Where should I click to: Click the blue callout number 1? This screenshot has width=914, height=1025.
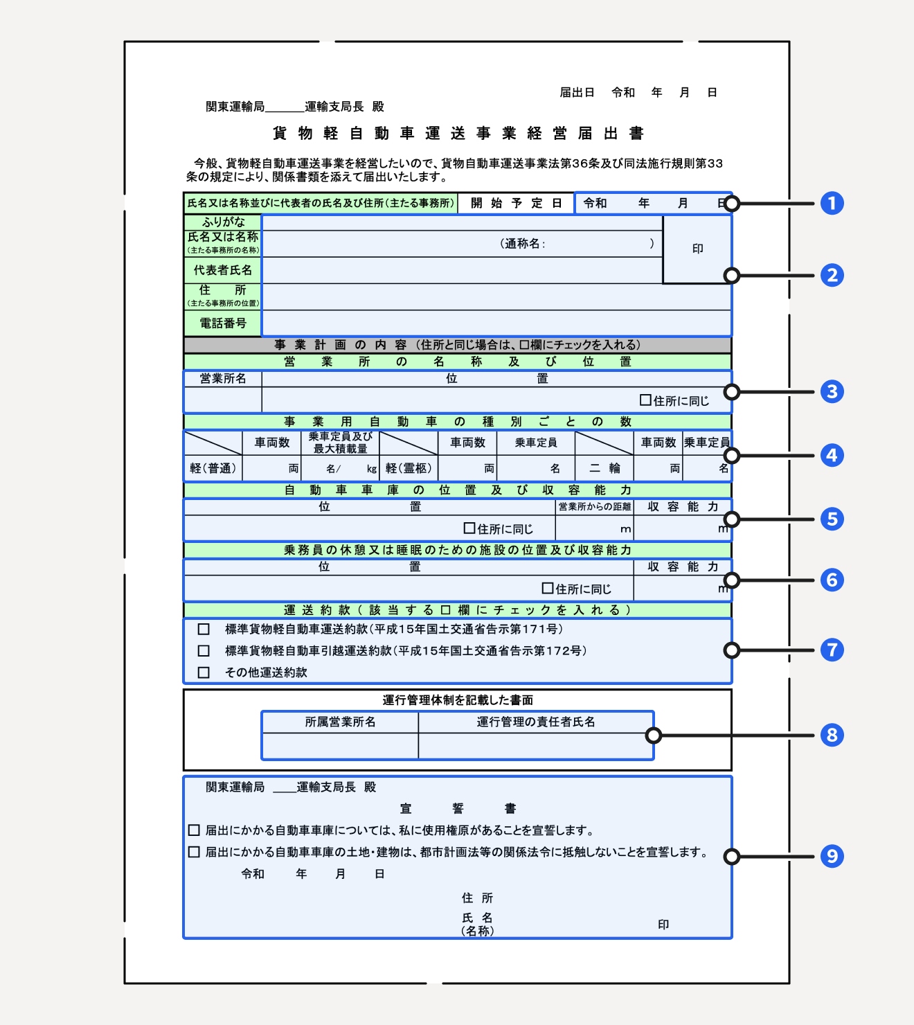pyautogui.click(x=832, y=204)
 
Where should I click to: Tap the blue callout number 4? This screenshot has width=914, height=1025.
pyautogui.click(x=832, y=456)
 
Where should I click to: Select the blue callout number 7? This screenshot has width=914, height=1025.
pyautogui.click(x=832, y=650)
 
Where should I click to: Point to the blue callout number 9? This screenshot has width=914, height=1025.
pyautogui.click(x=832, y=857)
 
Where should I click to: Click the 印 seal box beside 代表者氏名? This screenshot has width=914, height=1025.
pyautogui.click(x=697, y=249)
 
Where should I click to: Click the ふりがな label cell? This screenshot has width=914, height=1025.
pyautogui.click(x=223, y=222)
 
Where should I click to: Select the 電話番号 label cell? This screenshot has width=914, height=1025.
pyautogui.click(x=223, y=323)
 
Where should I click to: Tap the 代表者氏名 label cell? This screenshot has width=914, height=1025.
pyautogui.click(x=223, y=270)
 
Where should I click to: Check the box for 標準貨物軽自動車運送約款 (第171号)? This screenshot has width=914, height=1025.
pyautogui.click(x=204, y=630)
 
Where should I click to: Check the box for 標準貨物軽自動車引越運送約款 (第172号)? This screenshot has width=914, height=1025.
pyautogui.click(x=204, y=651)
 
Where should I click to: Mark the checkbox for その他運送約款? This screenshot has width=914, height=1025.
pyautogui.click(x=204, y=672)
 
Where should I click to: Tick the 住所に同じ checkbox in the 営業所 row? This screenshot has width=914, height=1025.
pyautogui.click(x=645, y=400)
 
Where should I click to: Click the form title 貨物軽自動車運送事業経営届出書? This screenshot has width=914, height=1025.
pyautogui.click(x=458, y=133)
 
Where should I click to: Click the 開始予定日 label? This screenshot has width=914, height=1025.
pyautogui.click(x=516, y=203)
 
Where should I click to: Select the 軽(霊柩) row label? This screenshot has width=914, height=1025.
pyautogui.click(x=409, y=468)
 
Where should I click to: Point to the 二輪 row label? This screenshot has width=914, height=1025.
pyautogui.click(x=604, y=468)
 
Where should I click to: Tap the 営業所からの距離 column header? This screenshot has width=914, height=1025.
pyautogui.click(x=594, y=507)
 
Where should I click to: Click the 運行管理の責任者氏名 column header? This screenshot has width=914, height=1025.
pyautogui.click(x=536, y=722)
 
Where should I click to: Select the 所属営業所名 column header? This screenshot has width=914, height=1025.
pyautogui.click(x=340, y=722)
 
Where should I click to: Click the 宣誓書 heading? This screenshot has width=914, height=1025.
pyautogui.click(x=458, y=808)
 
